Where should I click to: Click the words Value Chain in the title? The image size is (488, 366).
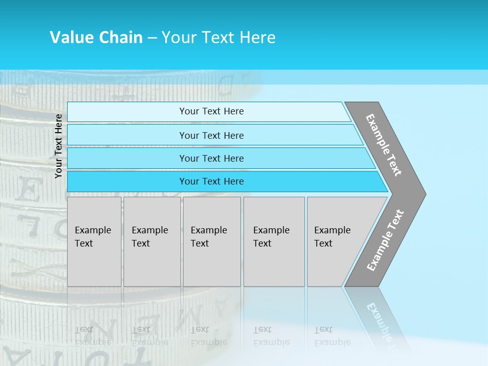pyautogui.click(x=96, y=38)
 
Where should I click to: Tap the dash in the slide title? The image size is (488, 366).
pyautogui.click(x=152, y=38)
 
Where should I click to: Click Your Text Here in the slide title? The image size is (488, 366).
pyautogui.click(x=219, y=38)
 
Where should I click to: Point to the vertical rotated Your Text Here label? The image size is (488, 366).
pyautogui.click(x=58, y=146)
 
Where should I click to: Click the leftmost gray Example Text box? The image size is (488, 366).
pyautogui.click(x=94, y=241)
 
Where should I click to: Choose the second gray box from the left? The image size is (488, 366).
pyautogui.click(x=152, y=241)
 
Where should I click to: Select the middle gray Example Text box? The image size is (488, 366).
pyautogui.click(x=211, y=241)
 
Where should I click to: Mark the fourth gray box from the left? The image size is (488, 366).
pyautogui.click(x=274, y=241)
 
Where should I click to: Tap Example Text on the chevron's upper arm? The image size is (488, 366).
pyautogui.click(x=384, y=145)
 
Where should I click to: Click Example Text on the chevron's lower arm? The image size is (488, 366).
pyautogui.click(x=385, y=240)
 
